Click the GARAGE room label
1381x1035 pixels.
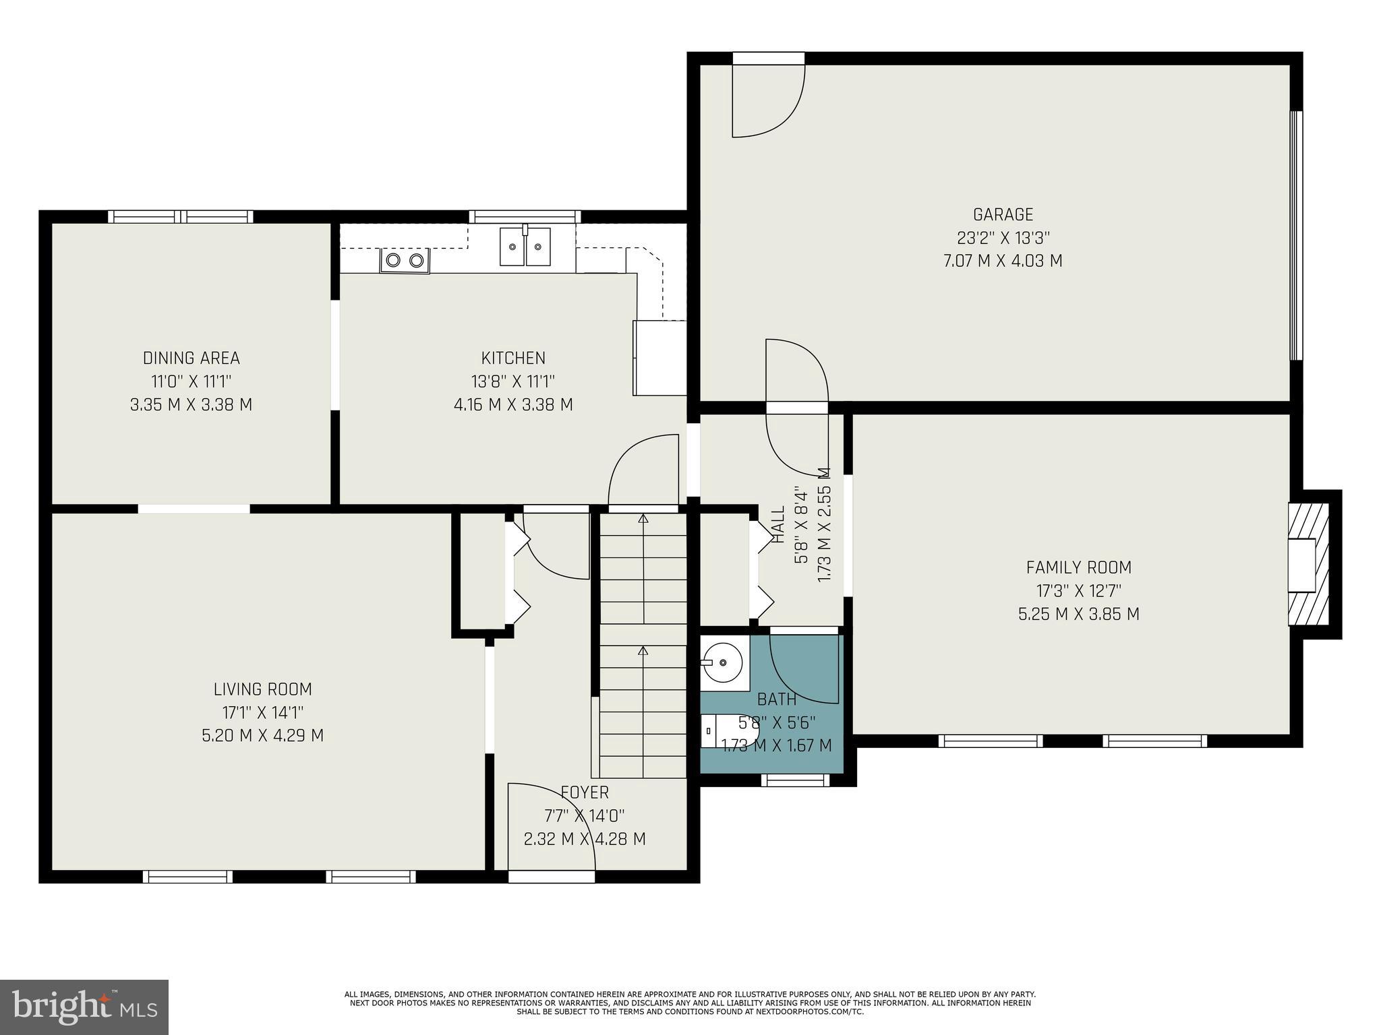click(1003, 214)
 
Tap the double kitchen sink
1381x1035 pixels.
click(525, 247)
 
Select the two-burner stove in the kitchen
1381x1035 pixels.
click(405, 261)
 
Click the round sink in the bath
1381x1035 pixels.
click(722, 662)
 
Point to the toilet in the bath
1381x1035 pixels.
click(728, 731)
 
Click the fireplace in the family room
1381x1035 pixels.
click(1308, 565)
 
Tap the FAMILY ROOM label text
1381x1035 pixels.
click(1078, 567)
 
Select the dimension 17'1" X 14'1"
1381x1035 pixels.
click(262, 712)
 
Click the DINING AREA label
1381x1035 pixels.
click(191, 358)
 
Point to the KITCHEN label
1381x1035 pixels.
click(513, 358)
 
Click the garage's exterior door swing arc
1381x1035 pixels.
click(769, 101)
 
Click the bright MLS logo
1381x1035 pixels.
click(84, 1007)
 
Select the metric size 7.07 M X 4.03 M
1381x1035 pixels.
click(1003, 261)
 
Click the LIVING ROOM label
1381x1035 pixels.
click(262, 689)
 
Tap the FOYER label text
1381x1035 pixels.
click(584, 792)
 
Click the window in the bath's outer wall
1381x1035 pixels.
click(795, 780)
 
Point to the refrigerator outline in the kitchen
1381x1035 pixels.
click(659, 358)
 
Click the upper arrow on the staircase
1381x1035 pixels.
click(643, 520)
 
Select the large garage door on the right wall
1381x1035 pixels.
click(1296, 235)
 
